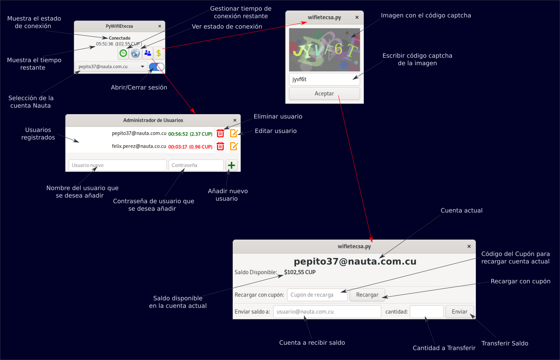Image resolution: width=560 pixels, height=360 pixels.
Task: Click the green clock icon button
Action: coord(123,53)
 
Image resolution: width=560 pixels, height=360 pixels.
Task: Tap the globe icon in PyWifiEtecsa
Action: coord(135,53)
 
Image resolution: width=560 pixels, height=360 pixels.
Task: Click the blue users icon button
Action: coord(148,53)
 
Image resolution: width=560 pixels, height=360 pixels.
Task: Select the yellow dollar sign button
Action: coord(158,53)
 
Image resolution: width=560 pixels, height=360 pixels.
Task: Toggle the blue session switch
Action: coord(157,67)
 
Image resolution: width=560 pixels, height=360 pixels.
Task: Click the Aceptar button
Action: coord(324,94)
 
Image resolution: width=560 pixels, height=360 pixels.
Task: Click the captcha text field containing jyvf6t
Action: coord(324,79)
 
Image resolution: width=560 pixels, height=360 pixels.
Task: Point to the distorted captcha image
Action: coord(324,50)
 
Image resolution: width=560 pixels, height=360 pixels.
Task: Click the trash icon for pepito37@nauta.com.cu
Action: coord(220,134)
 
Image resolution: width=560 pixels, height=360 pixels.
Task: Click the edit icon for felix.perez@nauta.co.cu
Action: coord(234,146)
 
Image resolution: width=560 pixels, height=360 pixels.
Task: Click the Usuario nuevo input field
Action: coord(117,165)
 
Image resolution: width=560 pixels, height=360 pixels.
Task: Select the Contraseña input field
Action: coord(196,165)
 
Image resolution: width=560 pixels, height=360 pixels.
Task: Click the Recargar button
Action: coord(367,295)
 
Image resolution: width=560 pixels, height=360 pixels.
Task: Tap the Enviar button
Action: coord(459,312)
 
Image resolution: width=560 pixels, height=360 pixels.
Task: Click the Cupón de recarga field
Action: coord(317,295)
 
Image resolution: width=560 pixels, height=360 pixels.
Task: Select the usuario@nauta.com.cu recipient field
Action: coord(327,312)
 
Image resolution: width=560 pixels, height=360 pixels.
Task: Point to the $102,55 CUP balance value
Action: coord(300,272)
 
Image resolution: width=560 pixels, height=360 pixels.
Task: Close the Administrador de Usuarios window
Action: coord(235,120)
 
